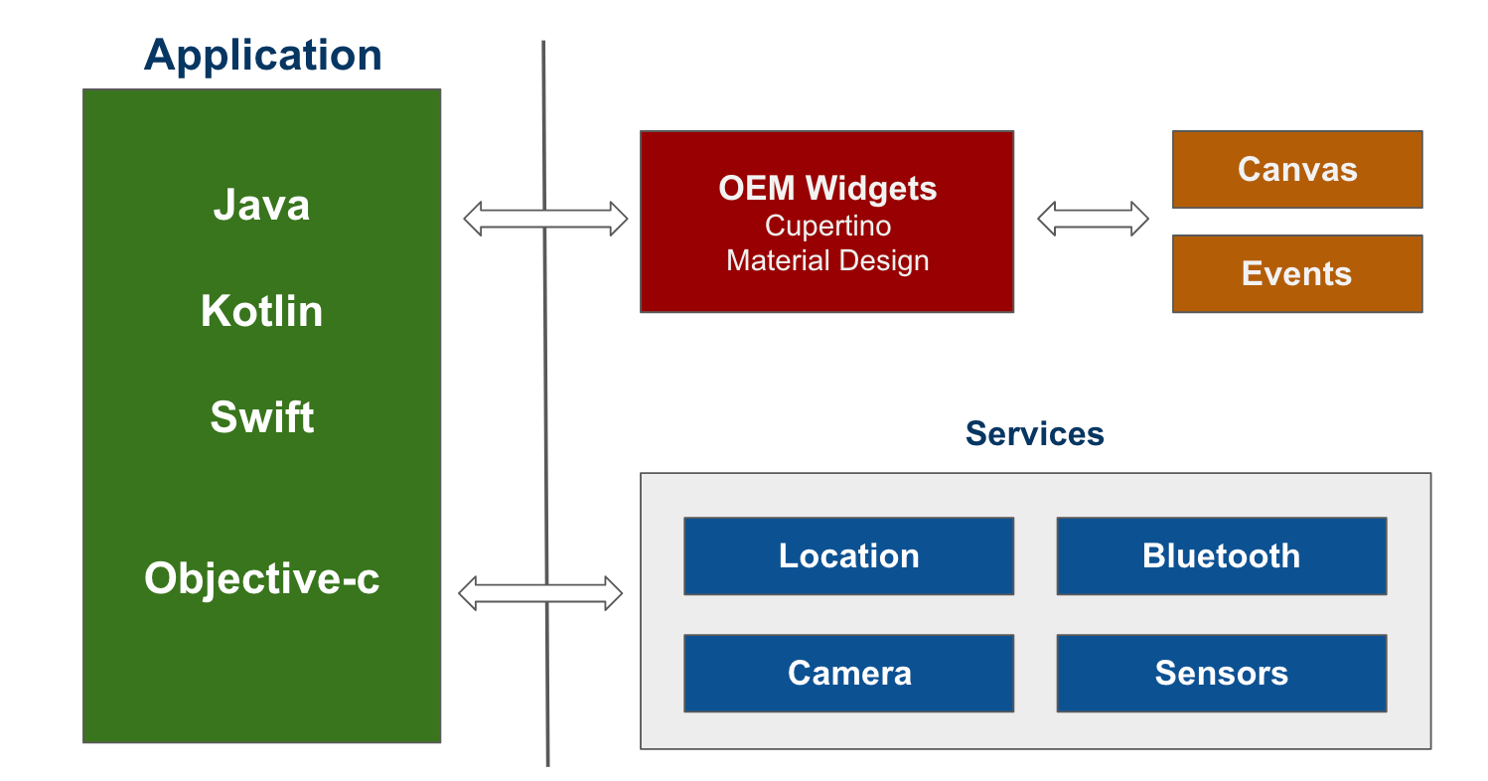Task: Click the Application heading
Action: point(262,55)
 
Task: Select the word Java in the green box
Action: point(261,206)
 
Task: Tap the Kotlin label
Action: point(261,311)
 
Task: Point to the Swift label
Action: point(261,417)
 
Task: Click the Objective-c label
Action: point(261,578)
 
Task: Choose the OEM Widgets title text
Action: point(827,189)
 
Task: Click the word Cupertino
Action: point(827,226)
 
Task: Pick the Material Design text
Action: point(827,261)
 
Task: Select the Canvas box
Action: point(1297,169)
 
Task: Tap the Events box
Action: point(1297,273)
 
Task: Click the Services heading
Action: point(1034,433)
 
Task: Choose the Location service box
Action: point(848,555)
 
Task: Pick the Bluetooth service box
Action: point(1221,555)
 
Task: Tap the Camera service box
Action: point(848,673)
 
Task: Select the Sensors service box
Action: point(1221,673)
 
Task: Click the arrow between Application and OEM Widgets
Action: point(507,219)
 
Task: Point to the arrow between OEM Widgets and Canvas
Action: point(1093,219)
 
